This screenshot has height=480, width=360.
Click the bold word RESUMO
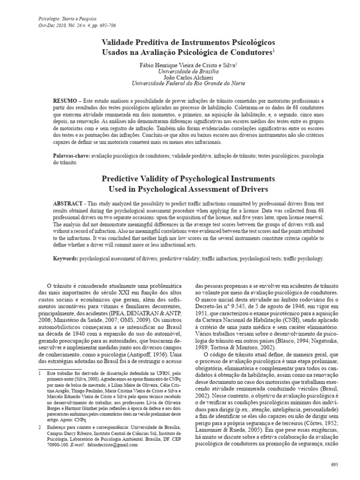[64, 101]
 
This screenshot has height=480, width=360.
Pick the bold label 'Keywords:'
[65, 258]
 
